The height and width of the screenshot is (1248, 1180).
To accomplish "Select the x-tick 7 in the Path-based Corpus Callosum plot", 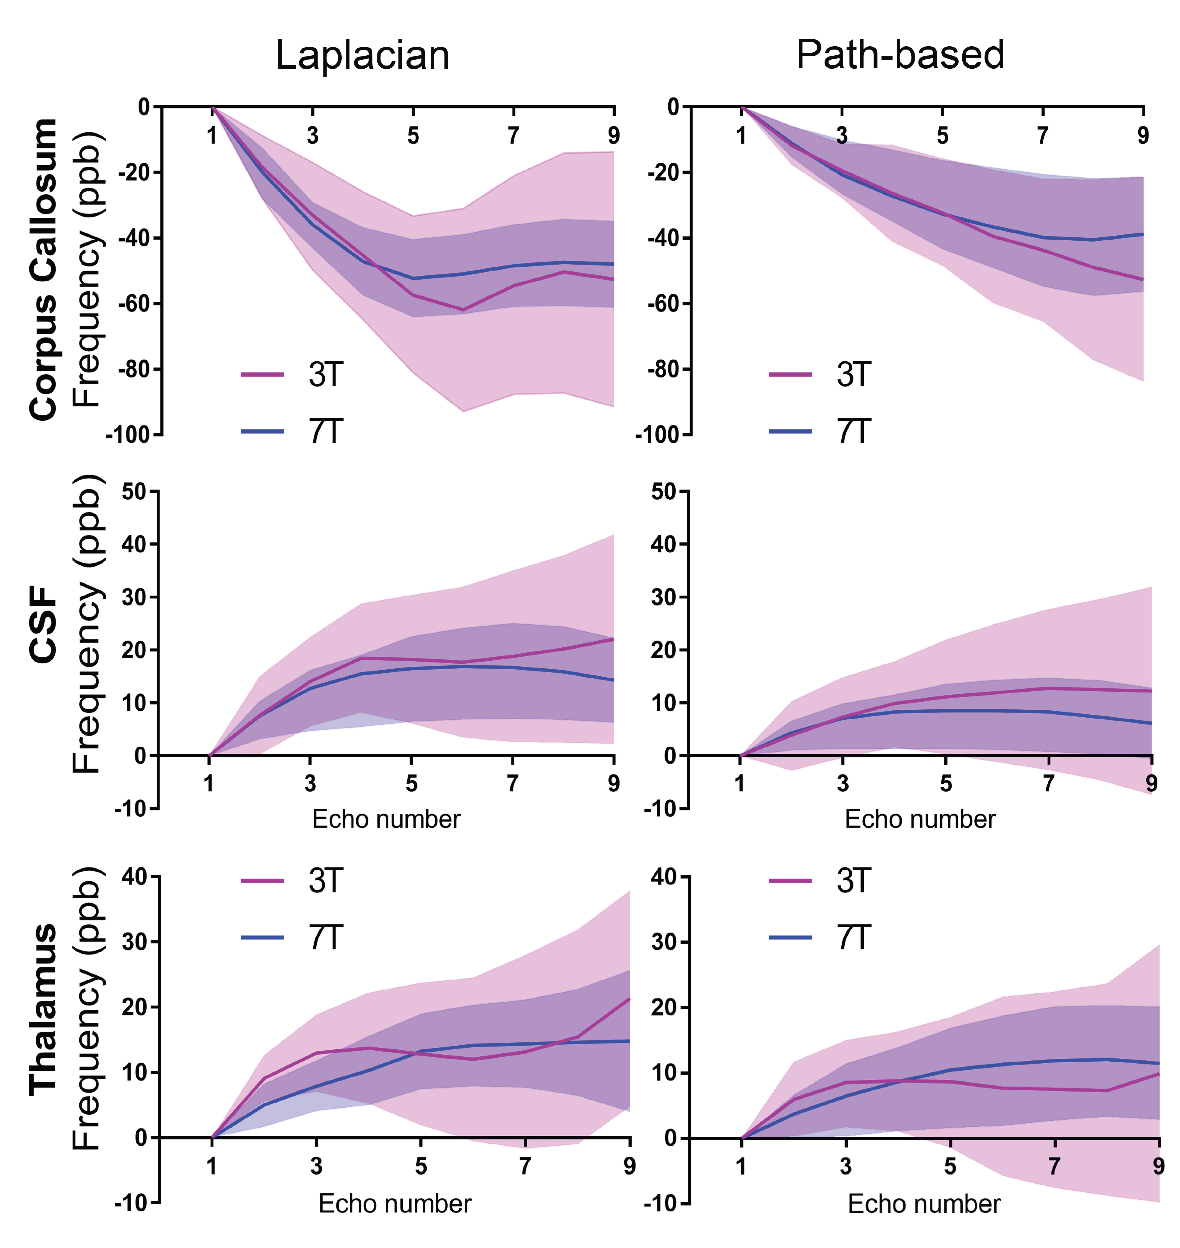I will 1043,135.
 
